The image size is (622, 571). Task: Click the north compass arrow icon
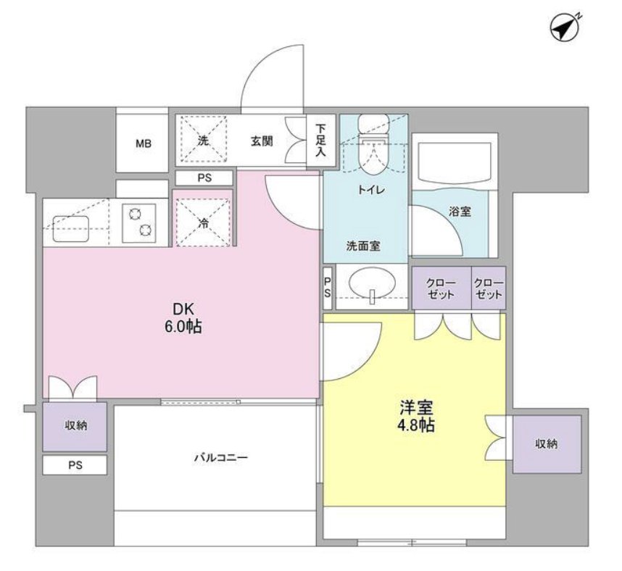click(x=566, y=27)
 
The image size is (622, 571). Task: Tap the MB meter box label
click(x=142, y=143)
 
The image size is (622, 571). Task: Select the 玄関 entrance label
click(x=262, y=141)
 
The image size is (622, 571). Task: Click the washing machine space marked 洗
click(x=203, y=141)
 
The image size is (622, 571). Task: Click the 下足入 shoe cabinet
click(x=320, y=141)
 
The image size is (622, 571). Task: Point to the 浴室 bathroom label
click(x=460, y=212)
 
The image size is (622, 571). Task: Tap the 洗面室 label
click(x=362, y=246)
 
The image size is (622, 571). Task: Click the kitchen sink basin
click(x=70, y=227)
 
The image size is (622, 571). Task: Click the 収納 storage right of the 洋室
click(x=547, y=443)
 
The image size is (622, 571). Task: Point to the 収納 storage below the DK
click(x=75, y=426)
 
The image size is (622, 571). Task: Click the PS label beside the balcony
click(x=75, y=465)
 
